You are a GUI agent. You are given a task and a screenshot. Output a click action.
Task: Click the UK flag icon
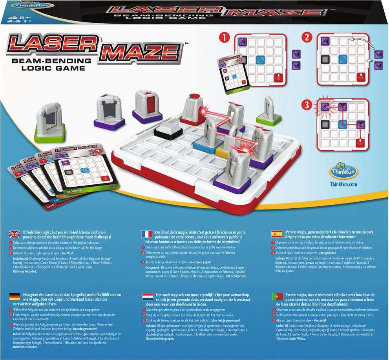click(x=15, y=235)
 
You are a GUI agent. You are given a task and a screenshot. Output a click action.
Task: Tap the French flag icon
click(x=147, y=234)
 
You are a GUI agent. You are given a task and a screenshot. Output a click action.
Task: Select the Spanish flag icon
click(x=277, y=234)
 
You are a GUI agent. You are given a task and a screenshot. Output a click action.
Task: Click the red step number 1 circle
click(x=224, y=38)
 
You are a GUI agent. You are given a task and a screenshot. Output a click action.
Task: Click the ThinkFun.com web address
click(x=343, y=184)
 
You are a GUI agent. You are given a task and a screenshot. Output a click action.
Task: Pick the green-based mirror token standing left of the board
click(x=49, y=122)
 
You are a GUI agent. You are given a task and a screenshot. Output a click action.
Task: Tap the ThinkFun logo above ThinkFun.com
click(x=343, y=171)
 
